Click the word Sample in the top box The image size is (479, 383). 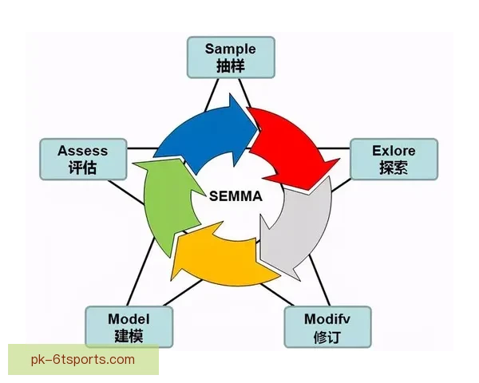[x=230, y=49]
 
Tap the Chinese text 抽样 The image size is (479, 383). [x=230, y=66]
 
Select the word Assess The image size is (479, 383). [x=82, y=150]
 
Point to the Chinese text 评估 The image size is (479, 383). [x=82, y=168]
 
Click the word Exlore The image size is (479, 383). [x=394, y=150]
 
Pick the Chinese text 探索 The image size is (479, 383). [x=394, y=168]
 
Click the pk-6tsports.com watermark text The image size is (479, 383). [x=82, y=360]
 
